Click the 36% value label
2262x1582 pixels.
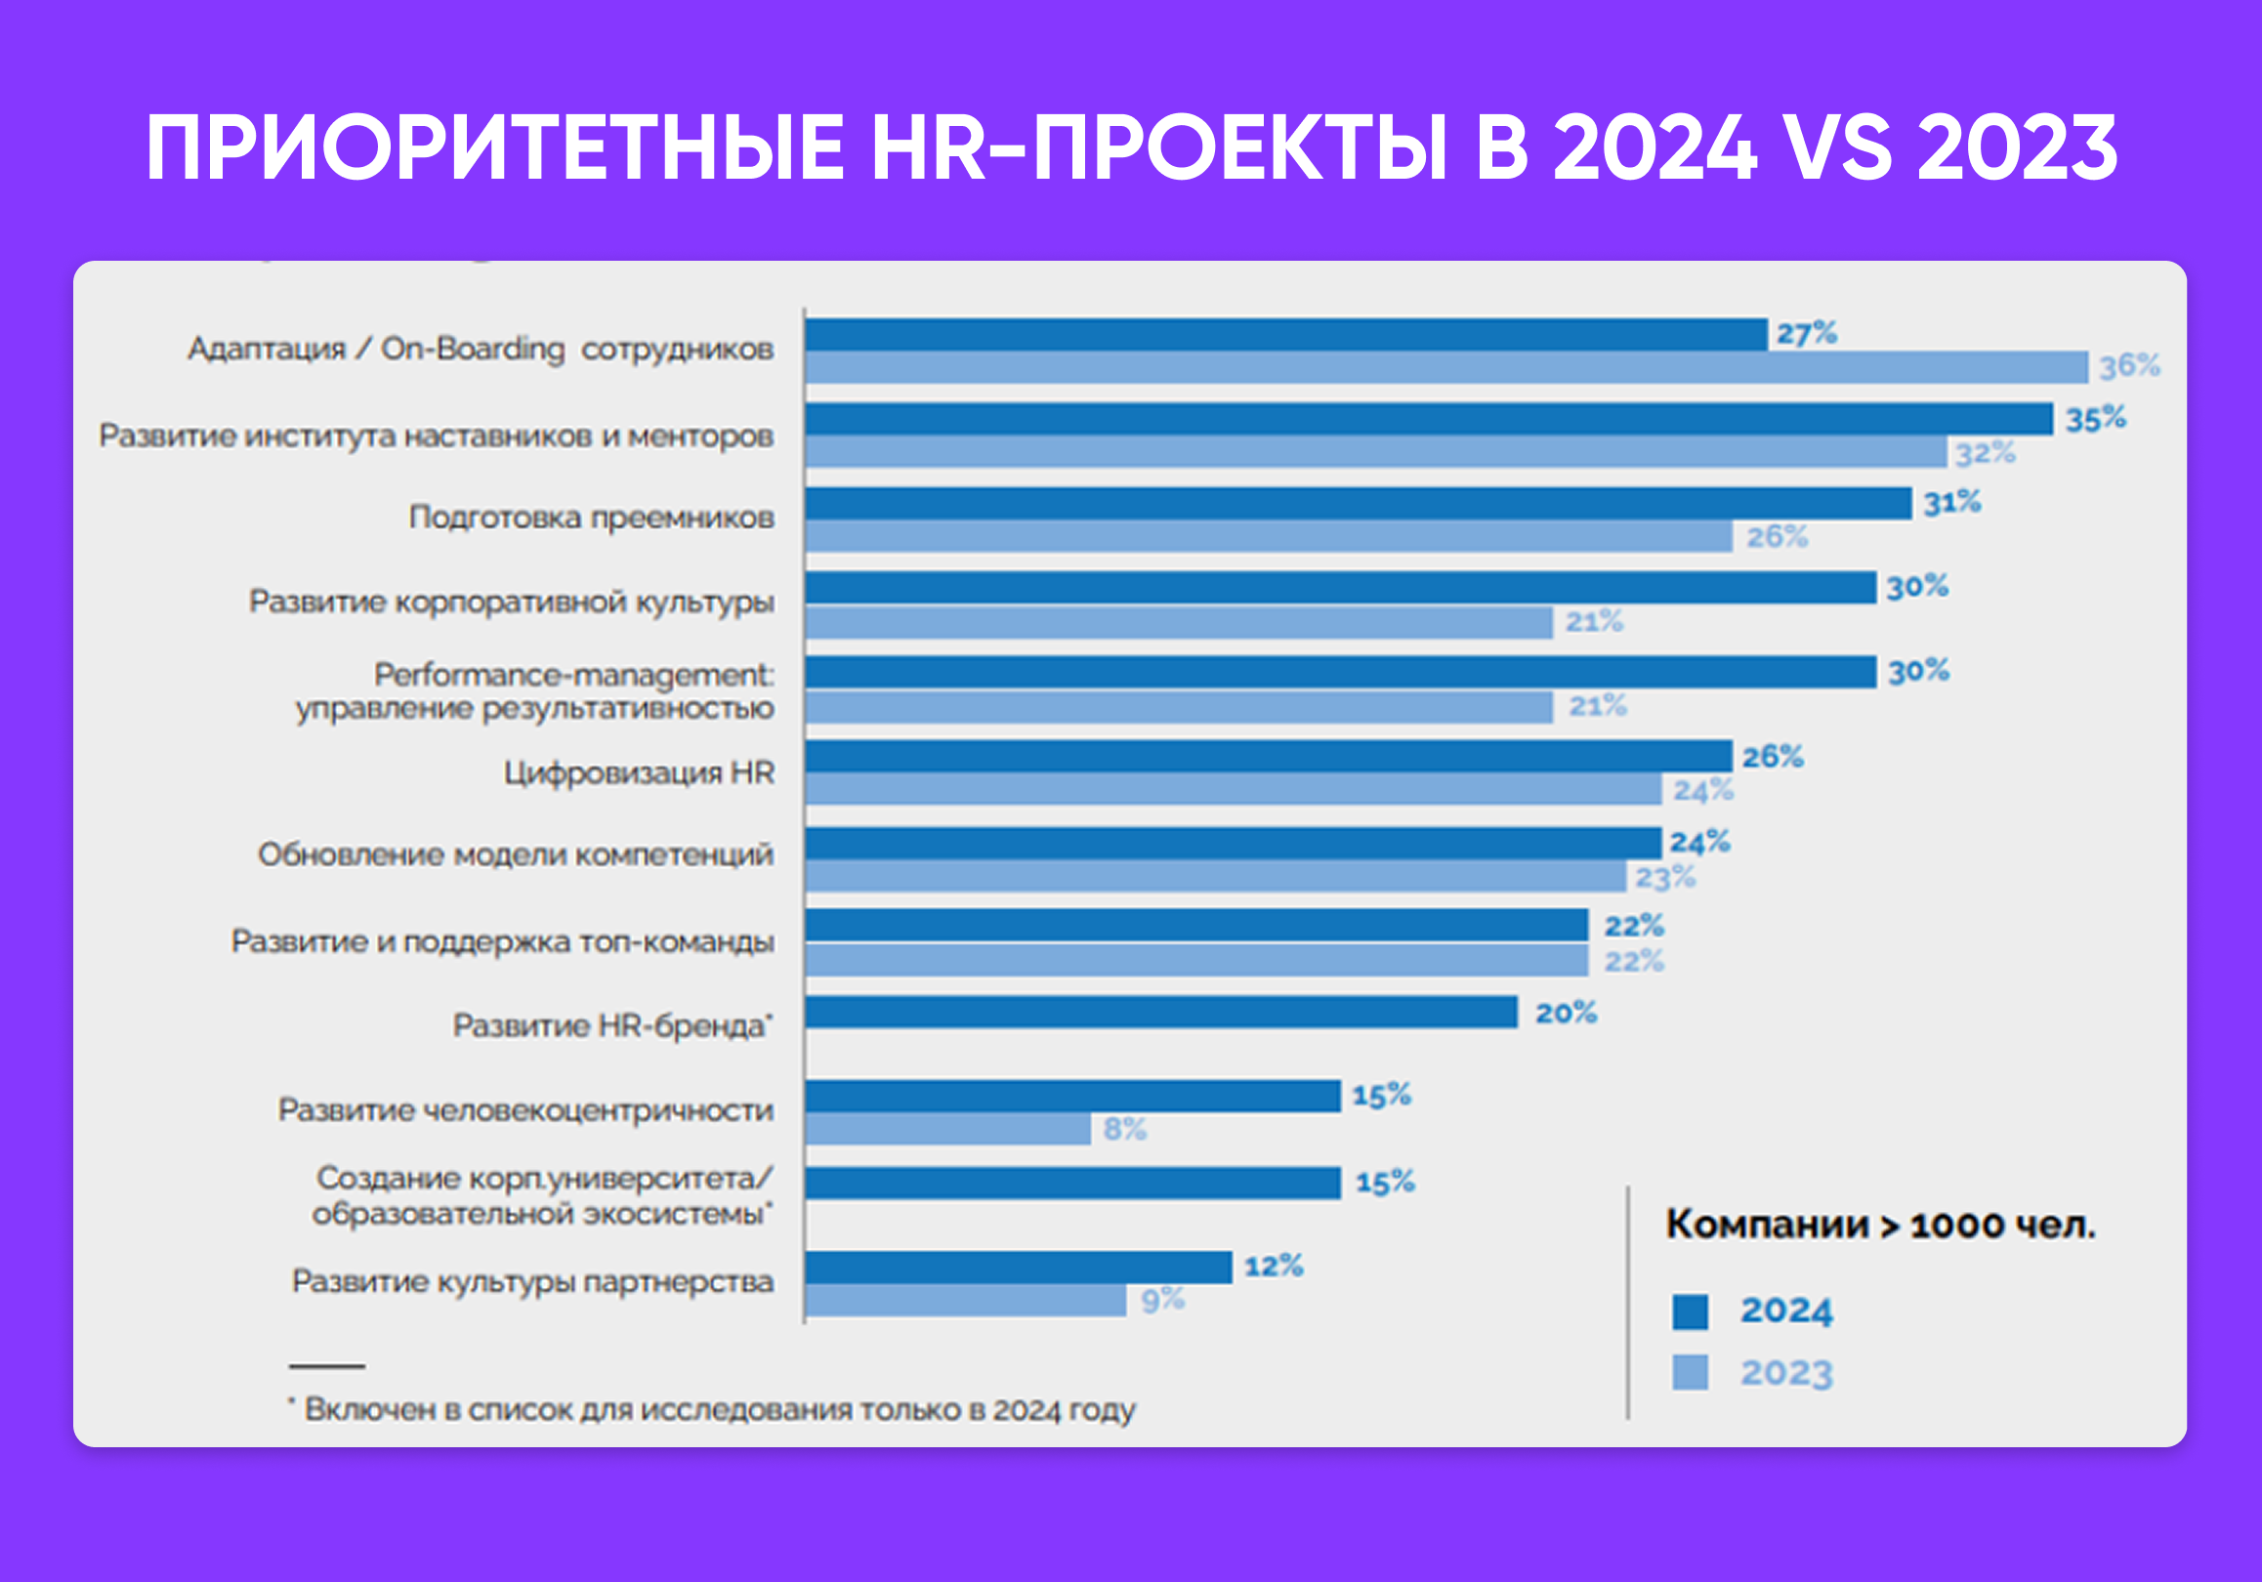tap(2129, 366)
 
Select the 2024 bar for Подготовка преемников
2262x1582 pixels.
tap(1358, 503)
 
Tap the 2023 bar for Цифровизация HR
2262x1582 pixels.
tap(1233, 789)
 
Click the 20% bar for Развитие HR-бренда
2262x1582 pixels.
tap(1160, 1012)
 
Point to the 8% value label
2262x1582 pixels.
tap(1124, 1129)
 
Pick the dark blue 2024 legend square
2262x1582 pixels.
tap(1690, 1312)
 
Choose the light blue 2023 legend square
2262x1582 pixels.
tap(1690, 1372)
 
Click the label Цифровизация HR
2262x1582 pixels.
tap(639, 773)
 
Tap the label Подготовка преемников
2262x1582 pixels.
tap(591, 518)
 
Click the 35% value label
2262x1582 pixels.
tap(2096, 420)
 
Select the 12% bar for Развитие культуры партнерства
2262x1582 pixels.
tap(1018, 1267)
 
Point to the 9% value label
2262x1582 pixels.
tap(1162, 1301)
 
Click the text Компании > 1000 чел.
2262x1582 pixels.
tap(1880, 1225)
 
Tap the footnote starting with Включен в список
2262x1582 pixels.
tap(718, 1409)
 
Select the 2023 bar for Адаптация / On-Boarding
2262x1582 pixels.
tap(1445, 367)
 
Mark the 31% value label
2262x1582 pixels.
tap(1951, 503)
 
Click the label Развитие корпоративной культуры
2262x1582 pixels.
tap(512, 601)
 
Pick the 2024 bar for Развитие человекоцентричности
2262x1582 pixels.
tap(1071, 1096)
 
